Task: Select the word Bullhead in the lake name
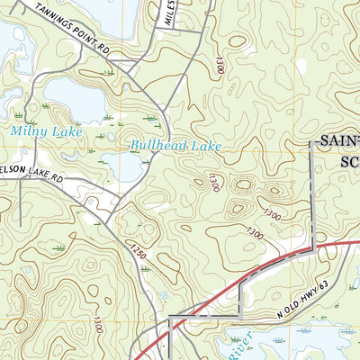(158, 144)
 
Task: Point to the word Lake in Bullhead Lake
(204, 144)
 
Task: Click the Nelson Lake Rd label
(32, 176)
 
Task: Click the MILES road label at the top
(167, 13)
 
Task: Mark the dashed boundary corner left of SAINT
(311, 143)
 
